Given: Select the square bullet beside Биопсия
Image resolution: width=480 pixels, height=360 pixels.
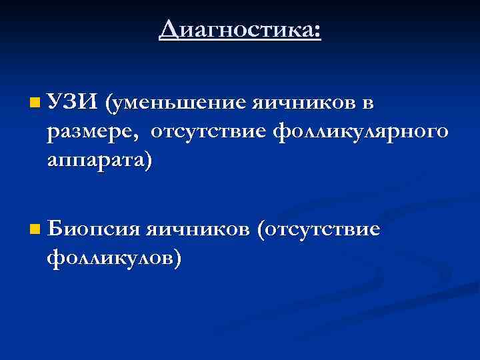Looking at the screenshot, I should click(x=35, y=230).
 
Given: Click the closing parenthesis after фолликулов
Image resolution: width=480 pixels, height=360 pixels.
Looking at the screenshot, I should click(x=176, y=259).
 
